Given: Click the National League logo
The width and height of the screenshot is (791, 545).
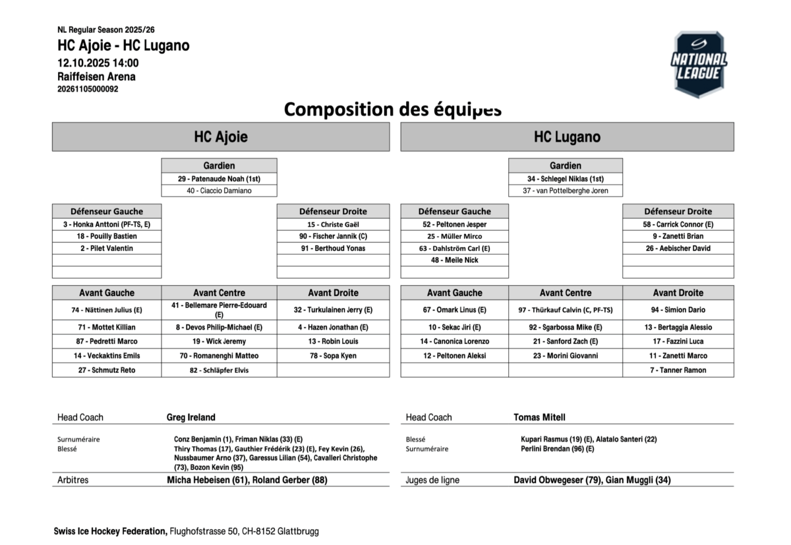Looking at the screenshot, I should click(699, 65).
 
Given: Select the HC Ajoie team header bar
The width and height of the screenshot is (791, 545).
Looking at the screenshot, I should click(221, 137).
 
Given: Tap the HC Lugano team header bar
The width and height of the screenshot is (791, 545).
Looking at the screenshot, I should click(567, 137).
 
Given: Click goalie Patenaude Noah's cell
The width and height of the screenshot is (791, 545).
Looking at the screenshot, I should click(219, 179).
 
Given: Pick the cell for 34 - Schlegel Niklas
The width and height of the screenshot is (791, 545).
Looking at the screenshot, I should click(566, 179).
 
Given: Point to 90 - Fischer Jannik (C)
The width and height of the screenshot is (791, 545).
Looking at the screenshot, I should click(333, 236).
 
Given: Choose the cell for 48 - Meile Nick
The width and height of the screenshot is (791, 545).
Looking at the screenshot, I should click(455, 260).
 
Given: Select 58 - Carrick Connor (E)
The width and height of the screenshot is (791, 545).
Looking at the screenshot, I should click(678, 224).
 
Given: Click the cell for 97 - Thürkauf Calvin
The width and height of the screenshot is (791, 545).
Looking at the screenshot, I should click(566, 310).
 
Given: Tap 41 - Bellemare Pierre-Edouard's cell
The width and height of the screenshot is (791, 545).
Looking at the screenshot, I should click(219, 310).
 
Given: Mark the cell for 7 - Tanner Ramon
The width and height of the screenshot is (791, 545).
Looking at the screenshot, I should click(678, 370).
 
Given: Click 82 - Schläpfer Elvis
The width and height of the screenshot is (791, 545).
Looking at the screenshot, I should click(219, 370).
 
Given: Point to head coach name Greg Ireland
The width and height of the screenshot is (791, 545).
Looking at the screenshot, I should click(191, 417).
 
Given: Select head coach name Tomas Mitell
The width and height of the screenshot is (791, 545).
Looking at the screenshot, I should click(539, 417).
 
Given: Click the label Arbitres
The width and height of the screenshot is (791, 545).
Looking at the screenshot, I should click(73, 480).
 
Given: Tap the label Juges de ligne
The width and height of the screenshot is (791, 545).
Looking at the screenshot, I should click(432, 480).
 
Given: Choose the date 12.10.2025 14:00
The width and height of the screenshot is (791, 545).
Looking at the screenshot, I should click(98, 63).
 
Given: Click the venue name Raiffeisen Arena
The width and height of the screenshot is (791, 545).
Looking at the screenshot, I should click(96, 76).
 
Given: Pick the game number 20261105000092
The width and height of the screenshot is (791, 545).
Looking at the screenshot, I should click(88, 89).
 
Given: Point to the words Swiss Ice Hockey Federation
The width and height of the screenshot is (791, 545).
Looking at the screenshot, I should click(110, 531).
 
